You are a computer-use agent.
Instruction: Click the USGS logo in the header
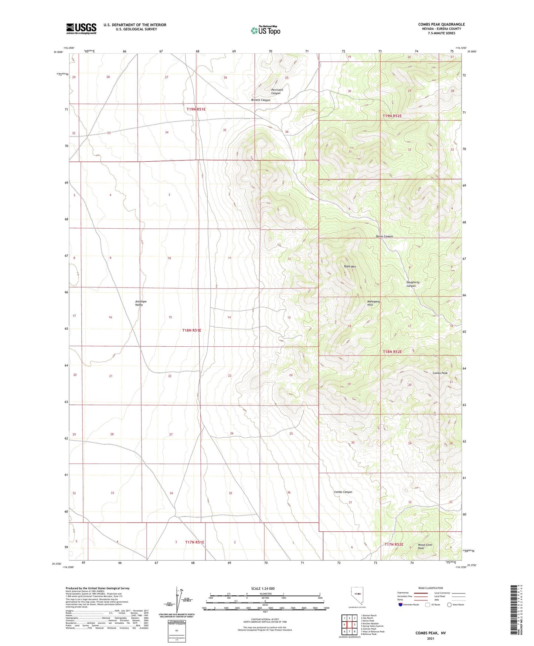81,28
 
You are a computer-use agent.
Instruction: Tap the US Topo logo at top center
265,30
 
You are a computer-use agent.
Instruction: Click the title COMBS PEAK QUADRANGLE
441,24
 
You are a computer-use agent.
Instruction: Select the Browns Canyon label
261,100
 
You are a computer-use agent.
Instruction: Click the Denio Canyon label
384,236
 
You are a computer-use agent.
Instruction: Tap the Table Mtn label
350,266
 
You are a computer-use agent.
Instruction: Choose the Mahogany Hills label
373,303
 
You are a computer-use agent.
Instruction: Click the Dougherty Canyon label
413,284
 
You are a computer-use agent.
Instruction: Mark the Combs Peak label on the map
440,373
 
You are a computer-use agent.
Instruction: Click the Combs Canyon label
343,492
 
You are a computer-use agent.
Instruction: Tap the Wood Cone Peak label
425,546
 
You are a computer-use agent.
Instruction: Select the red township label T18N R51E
191,330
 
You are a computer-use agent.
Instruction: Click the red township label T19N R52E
392,116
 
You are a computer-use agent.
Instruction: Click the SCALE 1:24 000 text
263,588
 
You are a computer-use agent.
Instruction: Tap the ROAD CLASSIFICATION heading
431,588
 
